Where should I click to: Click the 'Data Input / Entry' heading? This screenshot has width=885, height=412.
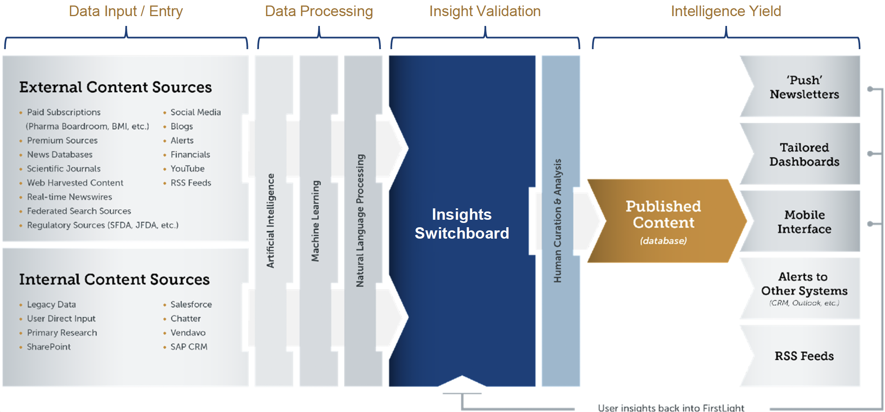pyautogui.click(x=126, y=11)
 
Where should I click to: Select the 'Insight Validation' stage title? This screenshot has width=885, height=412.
pyautogui.click(x=485, y=11)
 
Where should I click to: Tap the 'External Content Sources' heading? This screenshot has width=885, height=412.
pyautogui.click(x=116, y=87)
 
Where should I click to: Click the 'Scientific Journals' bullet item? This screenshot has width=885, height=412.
pyautogui.click(x=64, y=169)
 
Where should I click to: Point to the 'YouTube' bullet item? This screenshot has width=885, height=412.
pyautogui.click(x=187, y=169)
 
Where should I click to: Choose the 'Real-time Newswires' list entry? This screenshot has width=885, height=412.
pyautogui.click(x=70, y=197)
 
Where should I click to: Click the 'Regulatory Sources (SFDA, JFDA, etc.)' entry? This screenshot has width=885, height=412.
pyautogui.click(x=103, y=225)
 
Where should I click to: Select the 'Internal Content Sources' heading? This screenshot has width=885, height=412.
pyautogui.click(x=114, y=280)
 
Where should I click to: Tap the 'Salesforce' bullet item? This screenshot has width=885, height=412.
pyautogui.click(x=191, y=304)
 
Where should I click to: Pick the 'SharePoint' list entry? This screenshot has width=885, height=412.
pyautogui.click(x=49, y=347)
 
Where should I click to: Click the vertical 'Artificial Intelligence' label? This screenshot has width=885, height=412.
pyautogui.click(x=270, y=221)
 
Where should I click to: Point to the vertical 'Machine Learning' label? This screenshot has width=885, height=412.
pyautogui.click(x=315, y=221)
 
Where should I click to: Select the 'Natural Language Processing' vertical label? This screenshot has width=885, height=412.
pyautogui.click(x=360, y=221)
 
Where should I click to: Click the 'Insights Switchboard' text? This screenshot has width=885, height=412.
pyautogui.click(x=462, y=224)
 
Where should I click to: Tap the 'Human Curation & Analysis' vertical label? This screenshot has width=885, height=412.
pyautogui.click(x=558, y=221)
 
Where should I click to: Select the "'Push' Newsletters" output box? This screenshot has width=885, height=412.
pyautogui.click(x=804, y=87)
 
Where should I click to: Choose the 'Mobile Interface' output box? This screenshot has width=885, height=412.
pyautogui.click(x=804, y=222)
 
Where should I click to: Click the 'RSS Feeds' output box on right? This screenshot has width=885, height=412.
pyautogui.click(x=804, y=356)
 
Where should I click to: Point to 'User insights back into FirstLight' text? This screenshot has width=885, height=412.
pyautogui.click(x=671, y=408)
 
